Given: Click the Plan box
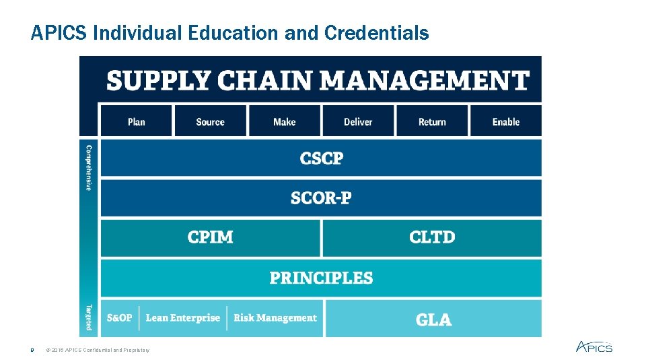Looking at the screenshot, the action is coord(136,121).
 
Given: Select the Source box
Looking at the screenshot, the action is coord(210,121).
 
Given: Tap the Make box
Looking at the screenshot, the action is coord(284,121).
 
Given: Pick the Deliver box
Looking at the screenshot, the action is coord(358,121).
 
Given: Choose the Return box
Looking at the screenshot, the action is coord(432,121).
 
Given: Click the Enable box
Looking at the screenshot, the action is coord(506,121).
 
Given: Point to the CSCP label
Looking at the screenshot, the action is coord(322,158).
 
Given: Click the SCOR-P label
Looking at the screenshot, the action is coord(321,198).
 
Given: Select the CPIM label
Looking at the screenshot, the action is coord(211,237).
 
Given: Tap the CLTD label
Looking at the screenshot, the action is coord(432,237).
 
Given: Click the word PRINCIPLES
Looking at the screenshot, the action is coord(321,278).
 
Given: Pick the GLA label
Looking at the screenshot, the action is coord(433,319).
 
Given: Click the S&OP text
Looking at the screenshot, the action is coord(119,318).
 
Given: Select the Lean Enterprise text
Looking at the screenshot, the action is coord(183,318).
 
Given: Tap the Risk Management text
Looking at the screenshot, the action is coord(275,318).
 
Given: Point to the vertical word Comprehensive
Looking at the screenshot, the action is coord(88,167).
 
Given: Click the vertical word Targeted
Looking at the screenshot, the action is coord(88,317).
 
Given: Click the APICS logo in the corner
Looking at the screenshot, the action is coord(594,346).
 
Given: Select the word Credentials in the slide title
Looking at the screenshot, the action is coord(376,33).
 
